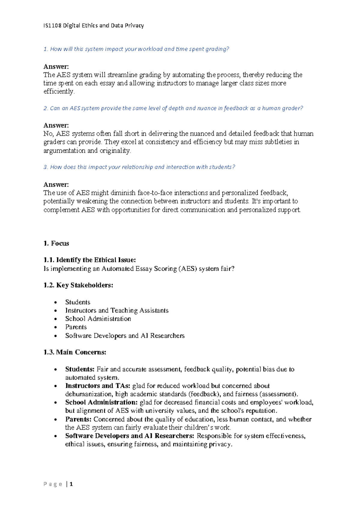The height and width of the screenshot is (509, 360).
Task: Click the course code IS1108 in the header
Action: (52, 26)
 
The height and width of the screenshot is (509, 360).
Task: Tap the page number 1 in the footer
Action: (71, 484)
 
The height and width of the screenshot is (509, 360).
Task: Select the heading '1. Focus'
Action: (56, 243)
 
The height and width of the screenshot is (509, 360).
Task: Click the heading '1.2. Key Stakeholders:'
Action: (78, 285)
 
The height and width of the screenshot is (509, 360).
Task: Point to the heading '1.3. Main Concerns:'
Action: (75, 352)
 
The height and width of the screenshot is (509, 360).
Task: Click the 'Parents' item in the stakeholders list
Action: (76, 327)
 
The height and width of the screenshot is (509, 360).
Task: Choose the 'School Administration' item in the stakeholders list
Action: (98, 319)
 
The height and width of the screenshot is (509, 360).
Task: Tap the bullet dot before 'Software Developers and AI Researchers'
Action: (55, 336)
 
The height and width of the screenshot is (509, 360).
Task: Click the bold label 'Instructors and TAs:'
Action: (98, 386)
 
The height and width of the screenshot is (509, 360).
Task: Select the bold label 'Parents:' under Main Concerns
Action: (78, 419)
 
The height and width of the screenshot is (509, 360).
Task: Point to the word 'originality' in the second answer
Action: (115, 151)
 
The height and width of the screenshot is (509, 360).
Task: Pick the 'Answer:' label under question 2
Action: (56, 125)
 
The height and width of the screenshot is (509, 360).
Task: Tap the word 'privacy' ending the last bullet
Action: (220, 444)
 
